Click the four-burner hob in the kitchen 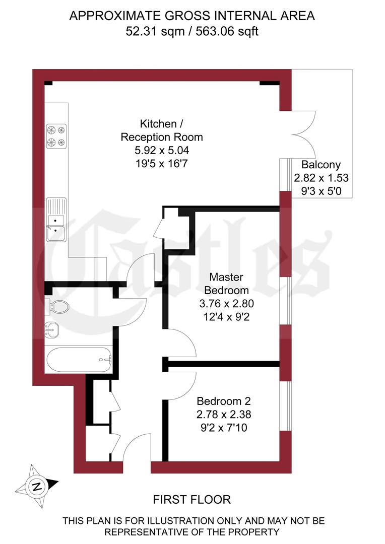click(x=56, y=137)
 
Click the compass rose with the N click(x=36, y=486)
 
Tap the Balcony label click(x=321, y=165)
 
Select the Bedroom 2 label click(x=224, y=401)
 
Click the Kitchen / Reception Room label click(x=161, y=130)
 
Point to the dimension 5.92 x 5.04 click(x=161, y=150)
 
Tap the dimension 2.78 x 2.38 click(x=224, y=415)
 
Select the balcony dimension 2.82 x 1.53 click(x=321, y=178)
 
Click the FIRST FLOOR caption click(x=192, y=500)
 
